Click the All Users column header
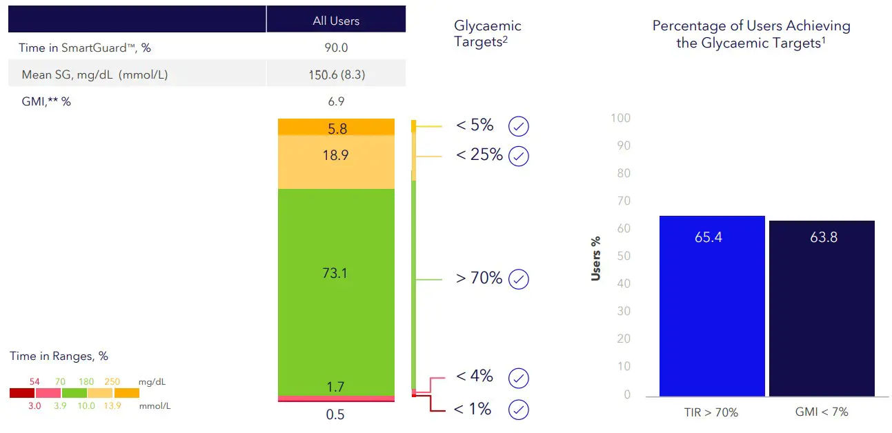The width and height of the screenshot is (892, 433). click(336, 21)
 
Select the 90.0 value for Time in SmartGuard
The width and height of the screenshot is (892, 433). click(336, 48)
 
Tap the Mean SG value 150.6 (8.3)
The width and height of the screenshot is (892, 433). click(336, 75)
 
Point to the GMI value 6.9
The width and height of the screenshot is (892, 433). click(336, 101)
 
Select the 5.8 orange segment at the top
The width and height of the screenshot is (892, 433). click(336, 127)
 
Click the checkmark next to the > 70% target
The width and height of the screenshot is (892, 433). click(519, 279)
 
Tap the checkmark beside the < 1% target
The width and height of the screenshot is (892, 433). click(519, 410)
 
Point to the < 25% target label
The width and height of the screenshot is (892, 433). click(479, 155)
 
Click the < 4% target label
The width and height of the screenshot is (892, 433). click(475, 376)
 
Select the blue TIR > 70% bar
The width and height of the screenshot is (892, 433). click(712, 306)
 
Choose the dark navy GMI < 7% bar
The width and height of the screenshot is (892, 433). click(822, 308)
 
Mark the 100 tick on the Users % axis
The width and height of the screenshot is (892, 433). click(621, 118)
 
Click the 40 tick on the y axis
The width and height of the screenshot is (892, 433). click(623, 284)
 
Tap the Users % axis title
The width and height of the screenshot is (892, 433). click(596, 259)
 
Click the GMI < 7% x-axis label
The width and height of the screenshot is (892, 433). click(822, 412)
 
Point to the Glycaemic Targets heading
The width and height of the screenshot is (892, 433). click(487, 33)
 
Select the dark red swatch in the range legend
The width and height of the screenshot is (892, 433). click(22, 392)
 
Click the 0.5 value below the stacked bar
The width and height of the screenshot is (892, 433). click(336, 414)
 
